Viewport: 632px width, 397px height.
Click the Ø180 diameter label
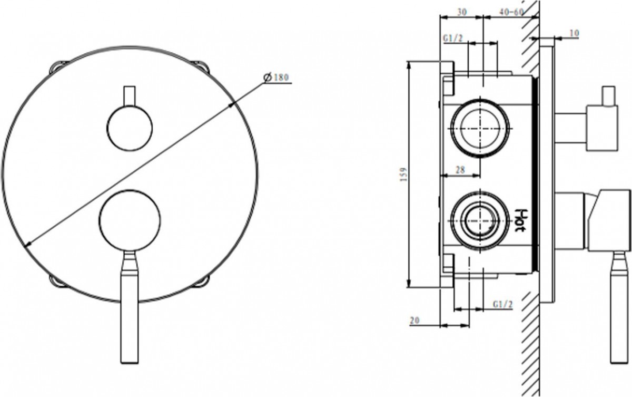tap(276, 77)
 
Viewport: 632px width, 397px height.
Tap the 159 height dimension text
tap(404, 175)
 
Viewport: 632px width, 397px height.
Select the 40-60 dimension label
tap(511, 12)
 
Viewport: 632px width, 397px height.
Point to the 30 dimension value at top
tap(462, 12)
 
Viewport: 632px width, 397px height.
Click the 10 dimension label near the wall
tap(574, 33)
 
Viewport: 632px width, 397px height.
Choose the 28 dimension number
tap(460, 170)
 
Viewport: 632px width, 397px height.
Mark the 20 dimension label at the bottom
tap(414, 320)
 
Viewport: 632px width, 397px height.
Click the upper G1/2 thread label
tap(453, 38)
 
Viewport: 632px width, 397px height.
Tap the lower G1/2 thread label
tap(502, 304)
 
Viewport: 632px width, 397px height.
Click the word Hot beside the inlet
tap(521, 220)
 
